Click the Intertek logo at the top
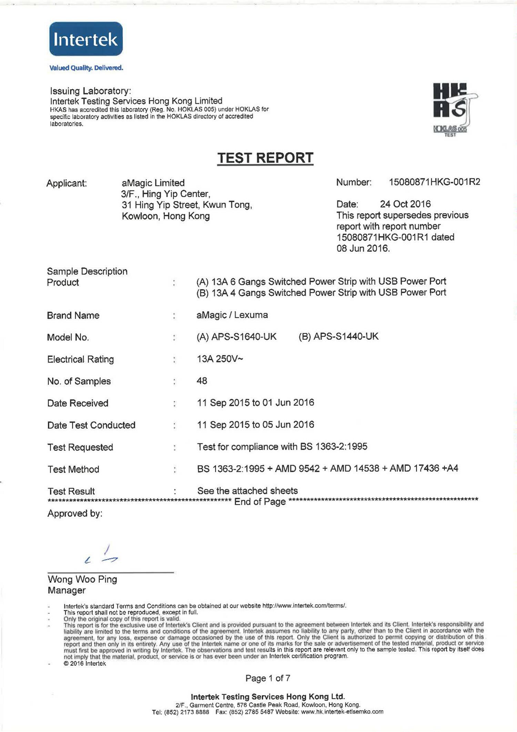(x=86, y=39)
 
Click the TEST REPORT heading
(x=265, y=158)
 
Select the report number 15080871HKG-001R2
(x=434, y=182)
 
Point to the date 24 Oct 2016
(x=405, y=204)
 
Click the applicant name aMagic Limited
(x=153, y=183)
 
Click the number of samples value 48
(x=202, y=381)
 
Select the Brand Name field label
(x=73, y=315)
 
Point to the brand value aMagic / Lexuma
(x=232, y=315)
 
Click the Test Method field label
(x=73, y=469)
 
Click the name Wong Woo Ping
(x=82, y=579)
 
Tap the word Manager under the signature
(x=67, y=590)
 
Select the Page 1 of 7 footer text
(x=267, y=678)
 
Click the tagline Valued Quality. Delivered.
(x=86, y=68)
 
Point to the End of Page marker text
(x=260, y=502)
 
